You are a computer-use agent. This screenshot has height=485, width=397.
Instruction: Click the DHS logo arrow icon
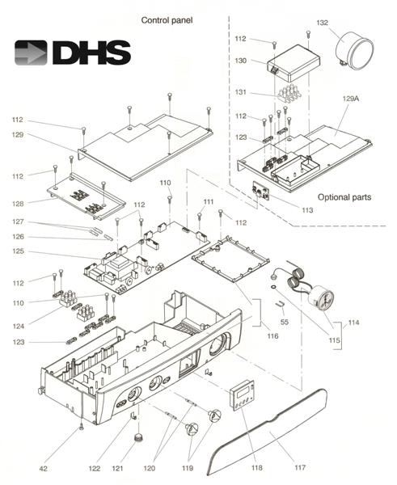(31, 53)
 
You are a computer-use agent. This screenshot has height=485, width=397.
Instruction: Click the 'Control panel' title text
(167, 20)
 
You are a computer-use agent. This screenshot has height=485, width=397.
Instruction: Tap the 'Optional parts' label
(344, 197)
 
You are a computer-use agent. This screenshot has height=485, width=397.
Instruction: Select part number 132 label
(322, 23)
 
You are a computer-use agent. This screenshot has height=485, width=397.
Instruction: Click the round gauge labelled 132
(355, 49)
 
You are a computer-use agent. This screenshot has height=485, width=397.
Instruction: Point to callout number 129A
(351, 99)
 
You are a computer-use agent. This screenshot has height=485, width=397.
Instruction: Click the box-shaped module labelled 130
(293, 63)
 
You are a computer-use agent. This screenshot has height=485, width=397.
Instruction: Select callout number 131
(240, 92)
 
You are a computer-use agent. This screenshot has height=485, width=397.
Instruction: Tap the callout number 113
(307, 210)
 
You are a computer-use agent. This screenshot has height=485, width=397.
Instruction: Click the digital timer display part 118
(242, 394)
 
